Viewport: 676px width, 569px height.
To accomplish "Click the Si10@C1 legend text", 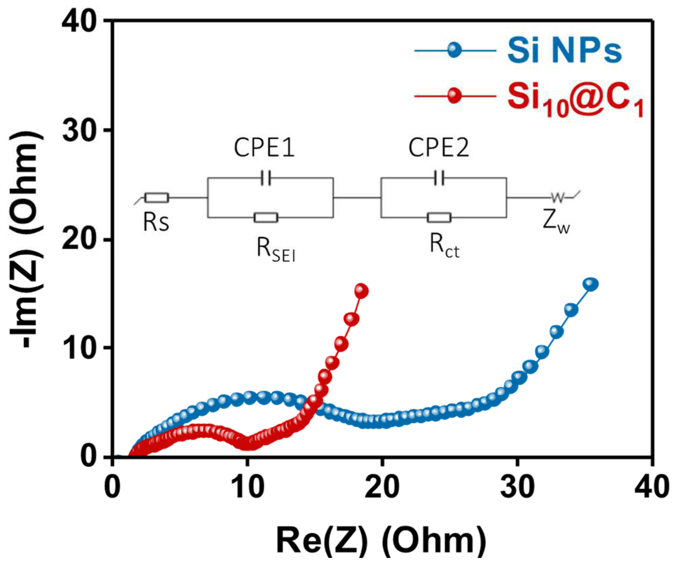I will pos(575,100).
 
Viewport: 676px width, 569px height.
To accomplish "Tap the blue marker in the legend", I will pos(454,50).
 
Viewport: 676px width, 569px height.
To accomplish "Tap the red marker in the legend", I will pos(454,95).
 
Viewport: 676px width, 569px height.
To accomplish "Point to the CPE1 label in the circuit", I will pos(264,148).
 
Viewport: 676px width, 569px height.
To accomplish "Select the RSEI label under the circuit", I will pos(276,249).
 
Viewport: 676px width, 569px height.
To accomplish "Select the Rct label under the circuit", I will pos(444,246).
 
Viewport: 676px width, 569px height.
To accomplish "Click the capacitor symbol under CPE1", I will pos(266,178).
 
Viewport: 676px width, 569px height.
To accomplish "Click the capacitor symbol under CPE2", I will pos(439,178).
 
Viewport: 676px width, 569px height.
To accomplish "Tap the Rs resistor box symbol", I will pos(157,197).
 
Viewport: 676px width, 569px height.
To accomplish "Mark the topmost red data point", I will pos(361,291).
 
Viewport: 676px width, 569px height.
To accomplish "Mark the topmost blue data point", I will pos(591,284).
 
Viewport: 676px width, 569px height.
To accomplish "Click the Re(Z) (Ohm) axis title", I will pos(381,541).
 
